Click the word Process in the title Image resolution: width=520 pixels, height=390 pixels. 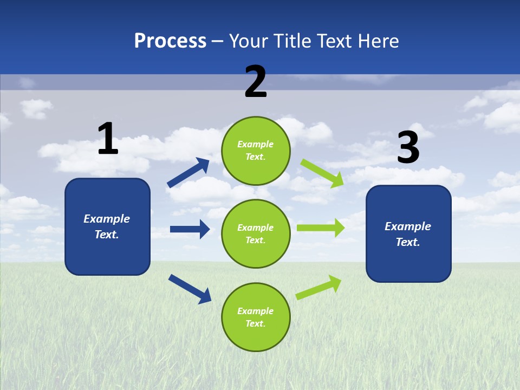[x=170, y=41]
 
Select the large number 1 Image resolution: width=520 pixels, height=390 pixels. [x=108, y=139]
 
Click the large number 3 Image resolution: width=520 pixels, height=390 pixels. [x=408, y=147]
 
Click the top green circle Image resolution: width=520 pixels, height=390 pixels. [x=256, y=151]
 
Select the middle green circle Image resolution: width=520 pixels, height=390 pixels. [x=256, y=233]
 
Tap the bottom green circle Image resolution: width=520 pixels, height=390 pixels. [x=256, y=317]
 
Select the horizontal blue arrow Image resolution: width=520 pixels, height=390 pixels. [x=190, y=229]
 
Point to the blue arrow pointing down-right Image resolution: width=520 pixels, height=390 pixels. [x=190, y=288]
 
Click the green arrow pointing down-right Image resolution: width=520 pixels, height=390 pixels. [x=323, y=173]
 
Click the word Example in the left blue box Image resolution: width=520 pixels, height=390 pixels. [x=107, y=219]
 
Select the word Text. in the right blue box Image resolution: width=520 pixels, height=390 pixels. [x=408, y=242]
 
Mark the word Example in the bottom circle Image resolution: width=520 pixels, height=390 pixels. [x=256, y=311]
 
